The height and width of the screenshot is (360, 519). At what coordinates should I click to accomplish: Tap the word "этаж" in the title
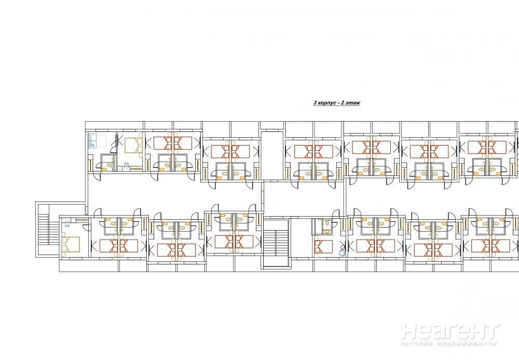[x=352, y=103]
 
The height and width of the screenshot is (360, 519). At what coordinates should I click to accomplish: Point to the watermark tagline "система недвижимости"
[x=449, y=344]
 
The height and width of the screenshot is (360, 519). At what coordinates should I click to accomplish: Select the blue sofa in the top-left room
[x=92, y=140]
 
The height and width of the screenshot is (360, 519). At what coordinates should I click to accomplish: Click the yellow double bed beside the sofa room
[x=133, y=144]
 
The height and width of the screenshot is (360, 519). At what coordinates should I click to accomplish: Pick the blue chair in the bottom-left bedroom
[x=66, y=223]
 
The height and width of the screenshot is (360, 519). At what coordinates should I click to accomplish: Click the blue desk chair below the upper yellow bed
[x=126, y=164]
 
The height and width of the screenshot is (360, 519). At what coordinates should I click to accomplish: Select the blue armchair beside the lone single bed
[x=342, y=252]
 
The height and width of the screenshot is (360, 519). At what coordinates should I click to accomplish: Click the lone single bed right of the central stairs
[x=323, y=247]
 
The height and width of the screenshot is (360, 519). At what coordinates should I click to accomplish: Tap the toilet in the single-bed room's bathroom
[x=326, y=224]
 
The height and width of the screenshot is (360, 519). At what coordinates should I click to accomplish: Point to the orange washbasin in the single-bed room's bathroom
[x=327, y=232]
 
